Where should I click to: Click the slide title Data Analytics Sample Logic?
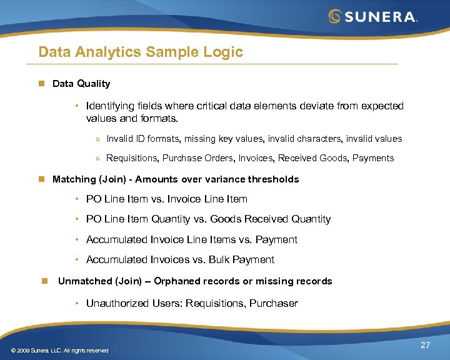pyautogui.click(x=141, y=52)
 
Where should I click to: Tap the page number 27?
pyautogui.click(x=425, y=345)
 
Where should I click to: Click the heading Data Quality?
pyautogui.click(x=81, y=84)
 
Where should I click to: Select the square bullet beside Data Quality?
pyautogui.click(x=41, y=84)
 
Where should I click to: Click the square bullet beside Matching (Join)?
pyautogui.click(x=41, y=179)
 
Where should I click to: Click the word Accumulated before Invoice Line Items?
pyautogui.click(x=117, y=239)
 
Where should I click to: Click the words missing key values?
pyautogui.click(x=216, y=139)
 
